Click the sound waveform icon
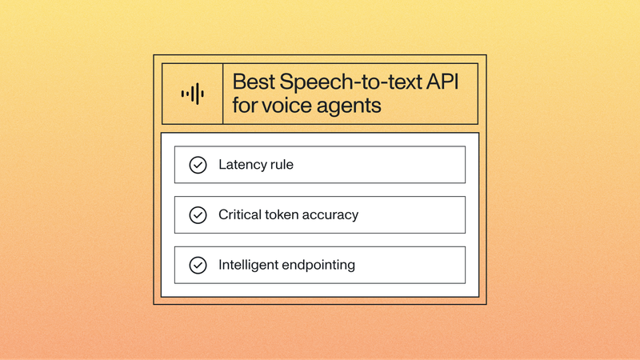(x=192, y=94)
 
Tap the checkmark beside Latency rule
(x=197, y=165)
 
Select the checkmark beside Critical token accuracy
(x=197, y=214)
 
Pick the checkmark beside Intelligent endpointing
(x=197, y=265)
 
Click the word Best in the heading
(x=252, y=82)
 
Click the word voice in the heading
(x=290, y=105)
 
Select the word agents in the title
(x=348, y=106)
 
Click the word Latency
(x=242, y=165)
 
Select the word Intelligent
(x=249, y=265)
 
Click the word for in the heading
(x=245, y=105)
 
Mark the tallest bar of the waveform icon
(x=192, y=94)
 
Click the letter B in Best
(x=238, y=82)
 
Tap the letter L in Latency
(x=222, y=165)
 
